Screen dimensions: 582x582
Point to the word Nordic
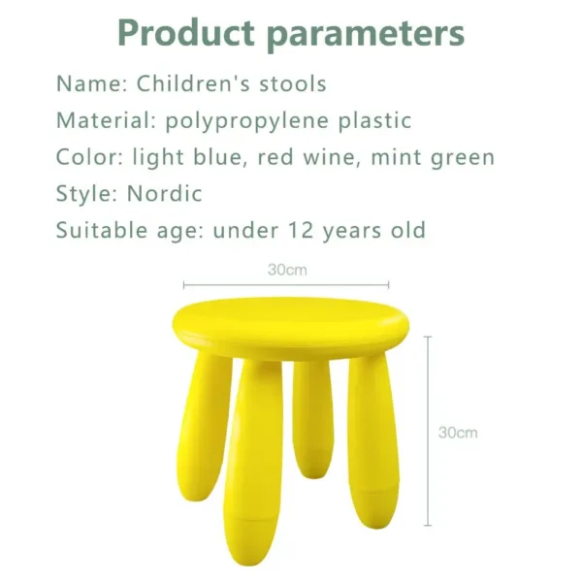point(164,193)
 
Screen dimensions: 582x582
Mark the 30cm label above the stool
point(287,271)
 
